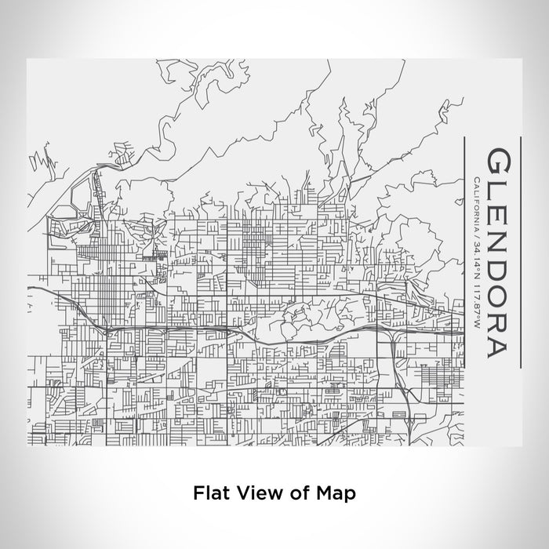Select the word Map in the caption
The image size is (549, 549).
coord(336,493)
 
